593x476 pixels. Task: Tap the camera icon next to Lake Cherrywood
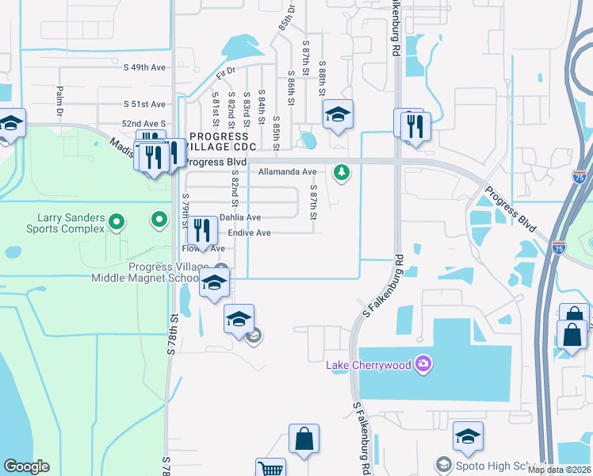pyautogui.click(x=424, y=364)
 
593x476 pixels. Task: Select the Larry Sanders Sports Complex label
pyautogui.click(x=71, y=223)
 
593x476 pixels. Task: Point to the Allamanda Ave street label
pyautogui.click(x=287, y=171)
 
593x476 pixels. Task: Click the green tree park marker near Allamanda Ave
pyautogui.click(x=342, y=171)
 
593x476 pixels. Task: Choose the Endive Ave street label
pyautogui.click(x=249, y=233)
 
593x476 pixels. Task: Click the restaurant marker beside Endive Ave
pyautogui.click(x=202, y=231)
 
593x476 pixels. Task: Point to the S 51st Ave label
pyautogui.click(x=144, y=104)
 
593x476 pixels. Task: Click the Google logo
pyautogui.click(x=26, y=466)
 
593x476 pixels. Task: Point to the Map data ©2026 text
pyautogui.click(x=559, y=470)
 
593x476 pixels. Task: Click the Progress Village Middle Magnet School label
pyautogui.click(x=151, y=272)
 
